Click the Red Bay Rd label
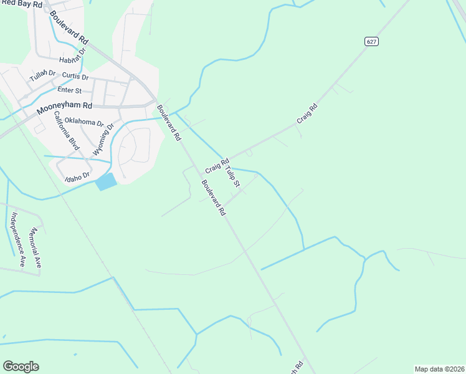point(21,4)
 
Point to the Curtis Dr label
point(75,77)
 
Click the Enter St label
point(70,91)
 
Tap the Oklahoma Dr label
point(84,122)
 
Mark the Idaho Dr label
point(78,178)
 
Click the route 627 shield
point(372,41)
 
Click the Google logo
point(21,367)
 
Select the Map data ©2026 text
point(439,369)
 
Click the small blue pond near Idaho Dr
point(106,182)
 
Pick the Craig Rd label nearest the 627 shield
point(307,112)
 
